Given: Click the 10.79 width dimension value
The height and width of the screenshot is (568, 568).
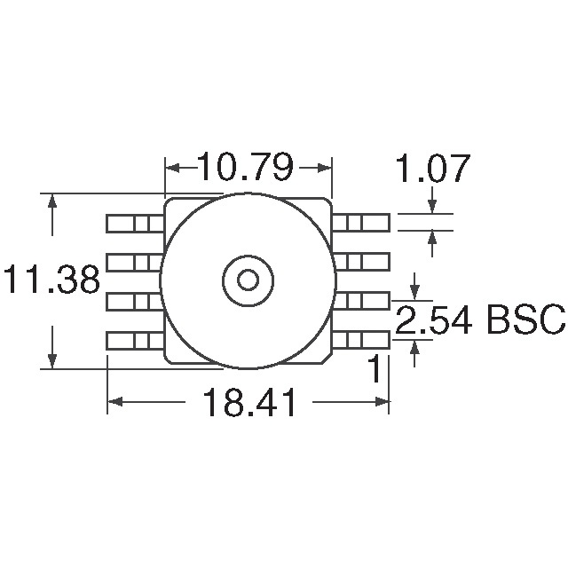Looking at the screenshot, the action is coord(245,167).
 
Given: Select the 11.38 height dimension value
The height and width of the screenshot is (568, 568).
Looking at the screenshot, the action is coord(51,280).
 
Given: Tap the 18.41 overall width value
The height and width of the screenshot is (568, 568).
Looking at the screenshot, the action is coord(248,402).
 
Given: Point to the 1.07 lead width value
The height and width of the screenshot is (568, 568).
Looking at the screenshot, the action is coord(433,168).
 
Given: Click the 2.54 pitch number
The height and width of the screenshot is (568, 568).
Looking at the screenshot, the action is coord(434,319).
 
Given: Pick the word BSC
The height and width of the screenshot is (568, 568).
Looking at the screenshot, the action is coord(526,319).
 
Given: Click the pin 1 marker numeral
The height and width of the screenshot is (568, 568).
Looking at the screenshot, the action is coord(375,368).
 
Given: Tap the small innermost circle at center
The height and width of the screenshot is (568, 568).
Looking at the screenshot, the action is coord(248,280).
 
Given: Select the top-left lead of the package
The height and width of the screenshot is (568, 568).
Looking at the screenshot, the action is coord(135,223).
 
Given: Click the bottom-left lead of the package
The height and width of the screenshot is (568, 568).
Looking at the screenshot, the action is coord(135,341).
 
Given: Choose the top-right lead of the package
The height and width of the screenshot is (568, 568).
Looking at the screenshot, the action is coord(361,223).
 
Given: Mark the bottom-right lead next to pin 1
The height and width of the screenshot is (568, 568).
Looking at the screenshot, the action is coord(361,340).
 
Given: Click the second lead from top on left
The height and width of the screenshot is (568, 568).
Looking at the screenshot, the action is coord(134,263).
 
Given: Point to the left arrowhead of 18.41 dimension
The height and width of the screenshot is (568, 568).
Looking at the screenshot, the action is coord(114,402).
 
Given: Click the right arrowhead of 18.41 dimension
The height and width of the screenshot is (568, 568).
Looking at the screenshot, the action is coord(382,402).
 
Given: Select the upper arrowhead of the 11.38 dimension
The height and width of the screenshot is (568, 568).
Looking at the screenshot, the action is coord(52,201).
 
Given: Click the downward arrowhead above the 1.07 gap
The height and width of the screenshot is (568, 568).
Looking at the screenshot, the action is coord(432,207).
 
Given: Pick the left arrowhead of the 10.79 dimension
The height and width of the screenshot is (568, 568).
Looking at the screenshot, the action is coord(172,168).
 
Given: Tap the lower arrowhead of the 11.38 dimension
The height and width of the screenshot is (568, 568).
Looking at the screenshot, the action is coord(52,361).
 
